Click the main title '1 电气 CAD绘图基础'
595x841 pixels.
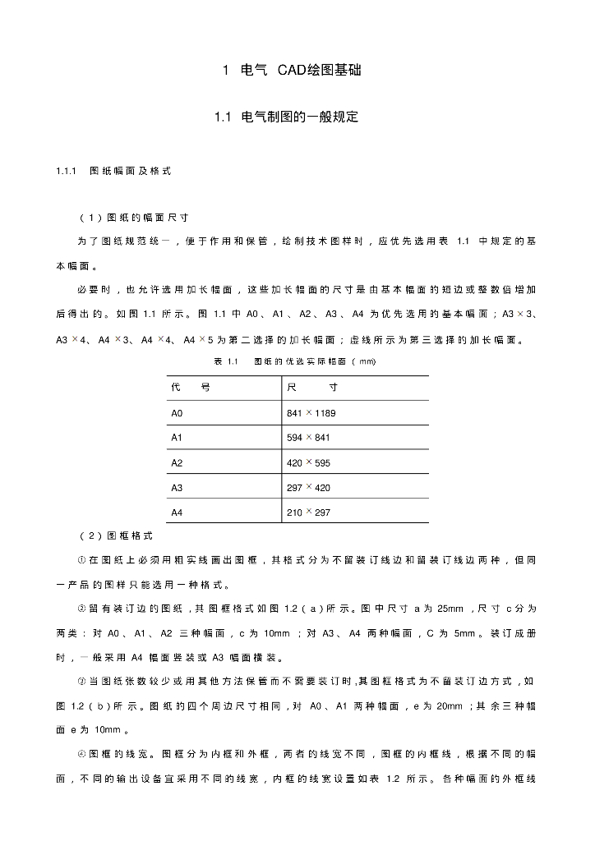(293, 71)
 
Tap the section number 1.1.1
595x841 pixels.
(66, 172)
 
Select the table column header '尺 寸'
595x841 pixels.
(311, 387)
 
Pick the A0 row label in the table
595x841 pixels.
(177, 413)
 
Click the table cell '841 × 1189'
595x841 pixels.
(311, 413)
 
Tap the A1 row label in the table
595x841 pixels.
(177, 438)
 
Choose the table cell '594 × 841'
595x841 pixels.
(307, 438)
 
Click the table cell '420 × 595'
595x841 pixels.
(307, 463)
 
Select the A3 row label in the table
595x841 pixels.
(177, 488)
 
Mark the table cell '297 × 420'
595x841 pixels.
(307, 488)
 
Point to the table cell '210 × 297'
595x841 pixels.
(307, 512)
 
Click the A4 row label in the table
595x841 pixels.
(177, 512)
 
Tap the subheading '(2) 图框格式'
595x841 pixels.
(115, 536)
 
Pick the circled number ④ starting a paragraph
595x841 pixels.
(81, 753)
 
